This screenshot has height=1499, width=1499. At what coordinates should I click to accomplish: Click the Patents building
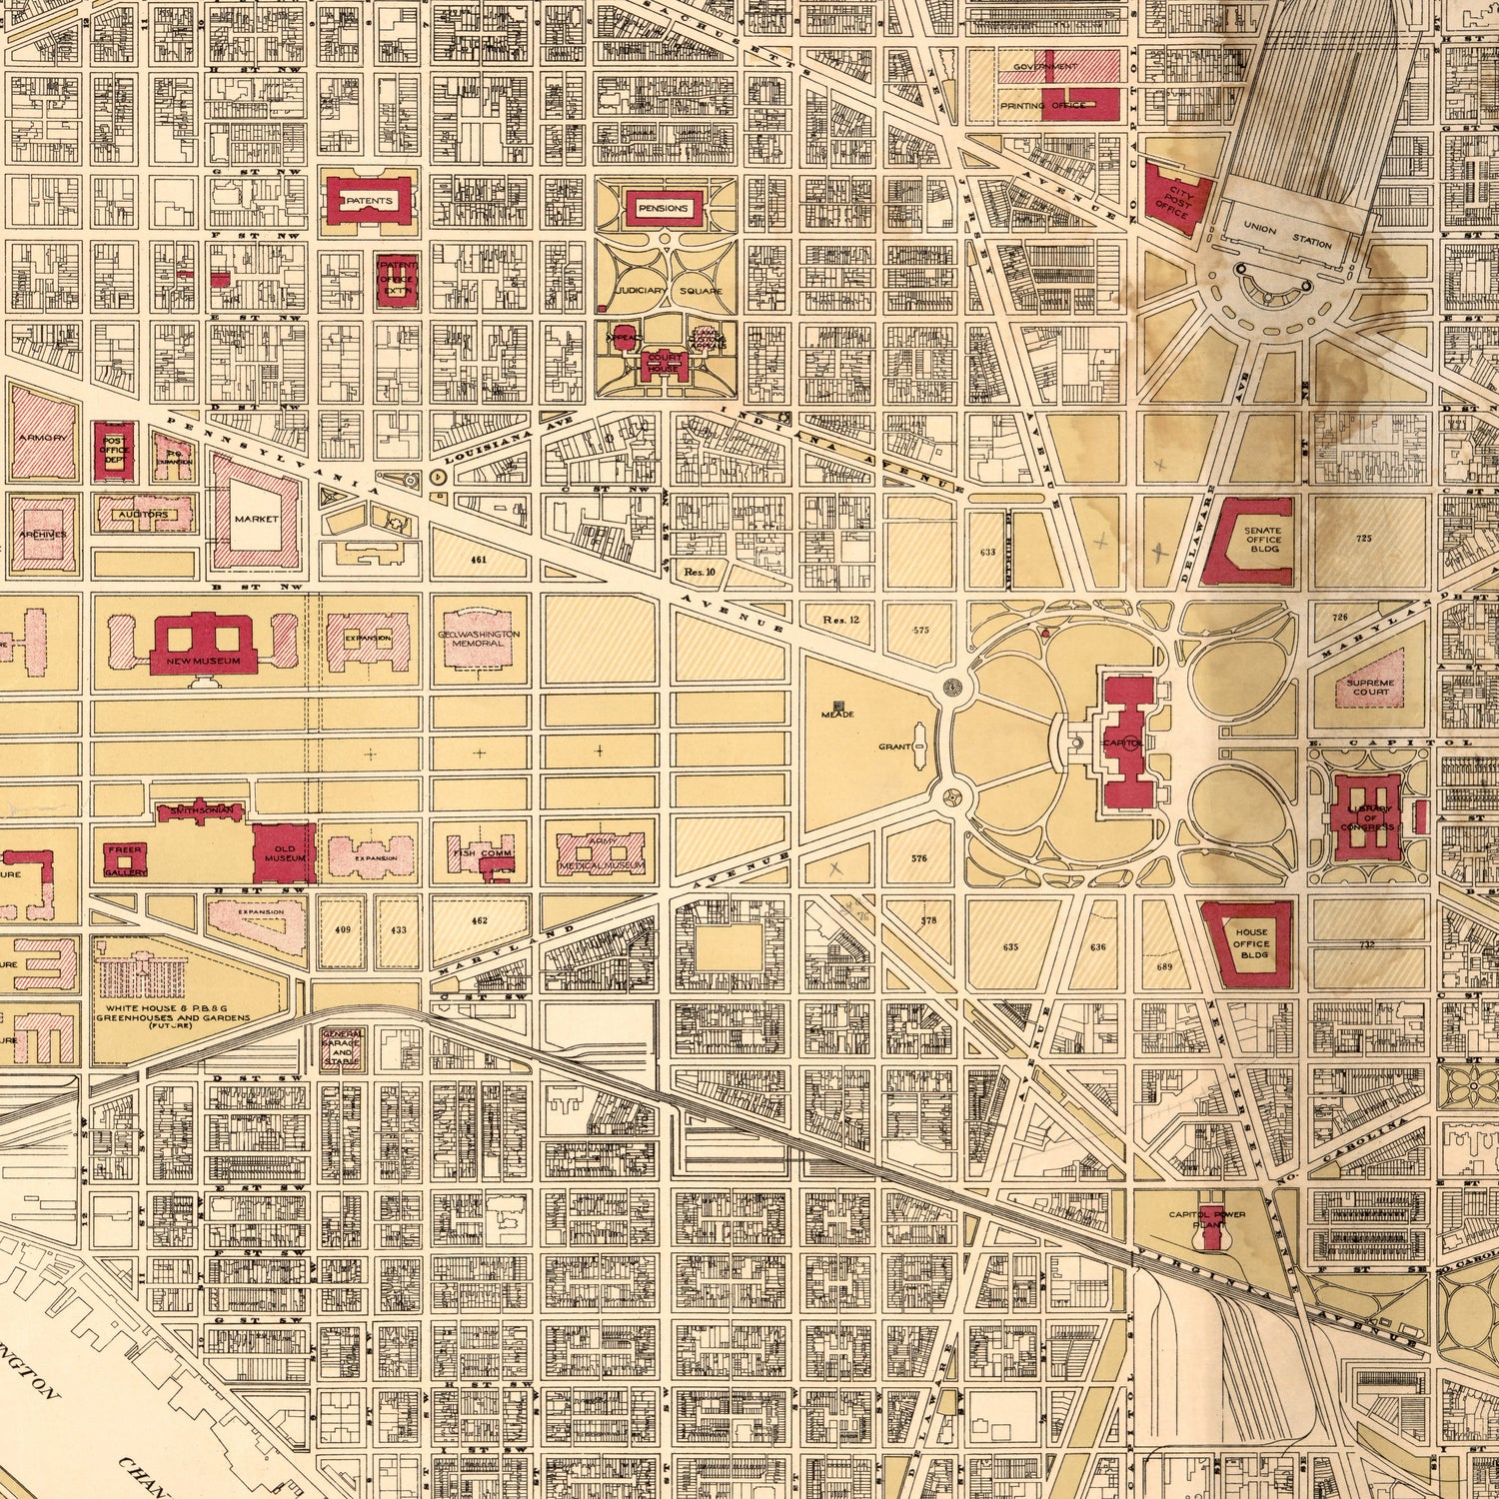365,201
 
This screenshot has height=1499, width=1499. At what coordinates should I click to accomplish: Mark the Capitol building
1126,740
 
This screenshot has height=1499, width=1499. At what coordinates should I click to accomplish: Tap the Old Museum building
283,852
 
